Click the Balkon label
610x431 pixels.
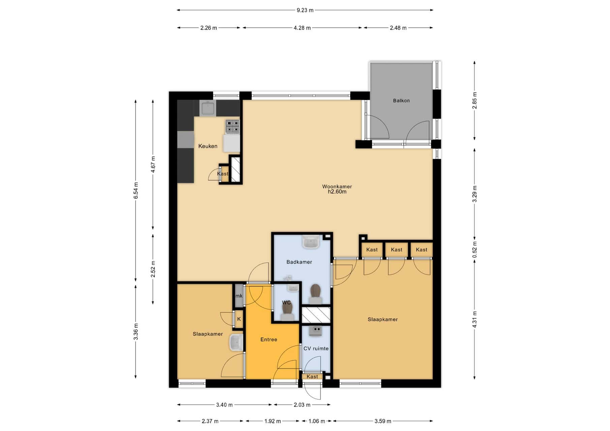pyautogui.click(x=401, y=101)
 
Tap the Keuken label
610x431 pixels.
pyautogui.click(x=208, y=146)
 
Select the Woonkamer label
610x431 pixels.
pyautogui.click(x=337, y=187)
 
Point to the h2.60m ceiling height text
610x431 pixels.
pyautogui.click(x=337, y=192)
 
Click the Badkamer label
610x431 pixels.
pyautogui.click(x=299, y=262)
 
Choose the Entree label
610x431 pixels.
pyautogui.click(x=269, y=339)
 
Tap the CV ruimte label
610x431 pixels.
pyautogui.click(x=316, y=349)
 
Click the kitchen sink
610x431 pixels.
pyautogui.click(x=208, y=108)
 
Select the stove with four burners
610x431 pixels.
pyautogui.click(x=233, y=127)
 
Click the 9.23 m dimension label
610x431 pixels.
pyautogui.click(x=305, y=10)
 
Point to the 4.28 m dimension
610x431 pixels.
pyautogui.click(x=302, y=28)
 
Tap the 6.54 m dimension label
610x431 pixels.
pyautogui.click(x=136, y=190)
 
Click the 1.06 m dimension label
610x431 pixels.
pyautogui.click(x=317, y=421)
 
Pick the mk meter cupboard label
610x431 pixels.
pyautogui.click(x=239, y=296)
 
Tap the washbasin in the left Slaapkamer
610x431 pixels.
pyautogui.click(x=236, y=343)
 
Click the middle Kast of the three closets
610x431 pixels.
pyautogui.click(x=396, y=250)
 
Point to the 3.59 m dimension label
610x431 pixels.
pyautogui.click(x=383, y=421)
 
